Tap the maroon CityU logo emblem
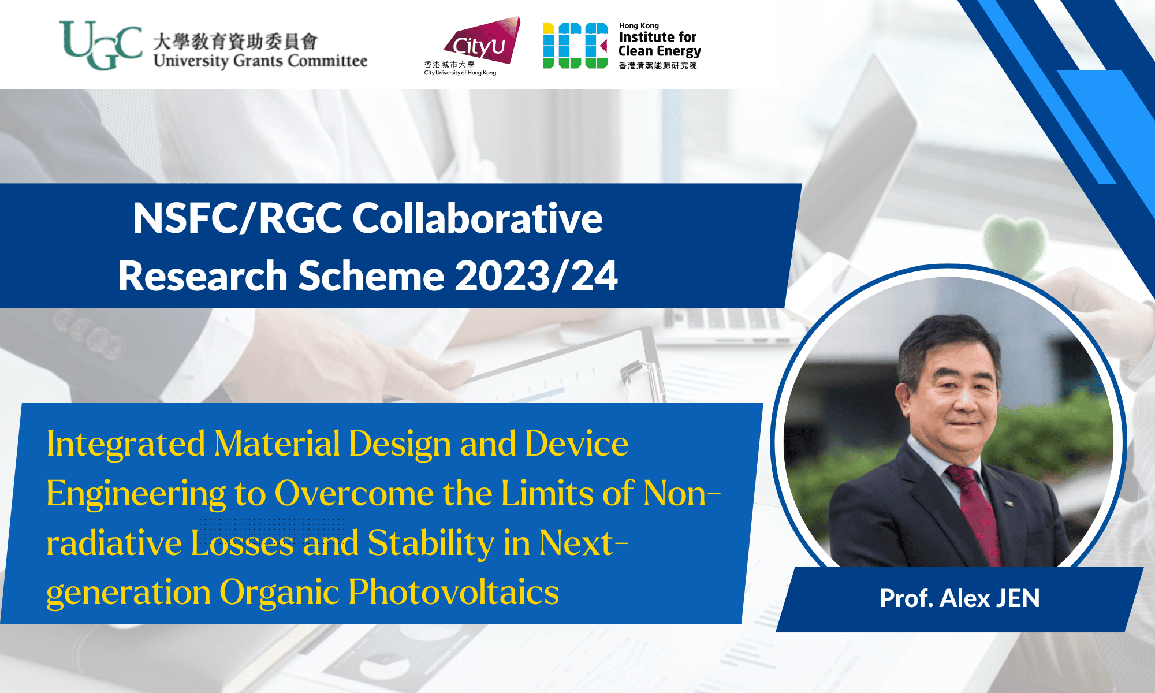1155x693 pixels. pos(482,40)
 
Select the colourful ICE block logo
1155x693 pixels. pos(576,46)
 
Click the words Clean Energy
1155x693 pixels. pos(660,51)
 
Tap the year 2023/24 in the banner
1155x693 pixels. pos(536,275)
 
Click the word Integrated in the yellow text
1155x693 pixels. pos(126,445)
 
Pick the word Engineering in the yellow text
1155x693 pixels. pos(136,495)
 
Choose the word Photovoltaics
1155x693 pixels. pos(453,593)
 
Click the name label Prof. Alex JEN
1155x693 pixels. pos(959,598)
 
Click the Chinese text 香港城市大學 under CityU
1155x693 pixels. pos(449,65)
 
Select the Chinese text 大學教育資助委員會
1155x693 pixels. pos(236,42)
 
